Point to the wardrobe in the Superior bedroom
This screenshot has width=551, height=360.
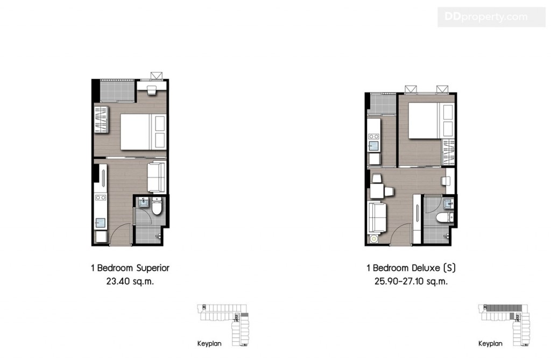(x=102, y=119)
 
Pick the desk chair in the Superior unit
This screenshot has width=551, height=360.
(x=151, y=90)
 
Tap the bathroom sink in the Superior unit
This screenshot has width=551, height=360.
(x=143, y=203)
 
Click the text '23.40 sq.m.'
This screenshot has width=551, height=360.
(x=131, y=280)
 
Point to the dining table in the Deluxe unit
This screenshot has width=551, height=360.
(x=379, y=191)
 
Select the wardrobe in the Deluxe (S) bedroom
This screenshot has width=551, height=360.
(x=448, y=152)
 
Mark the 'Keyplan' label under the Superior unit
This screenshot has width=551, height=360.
(x=209, y=343)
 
